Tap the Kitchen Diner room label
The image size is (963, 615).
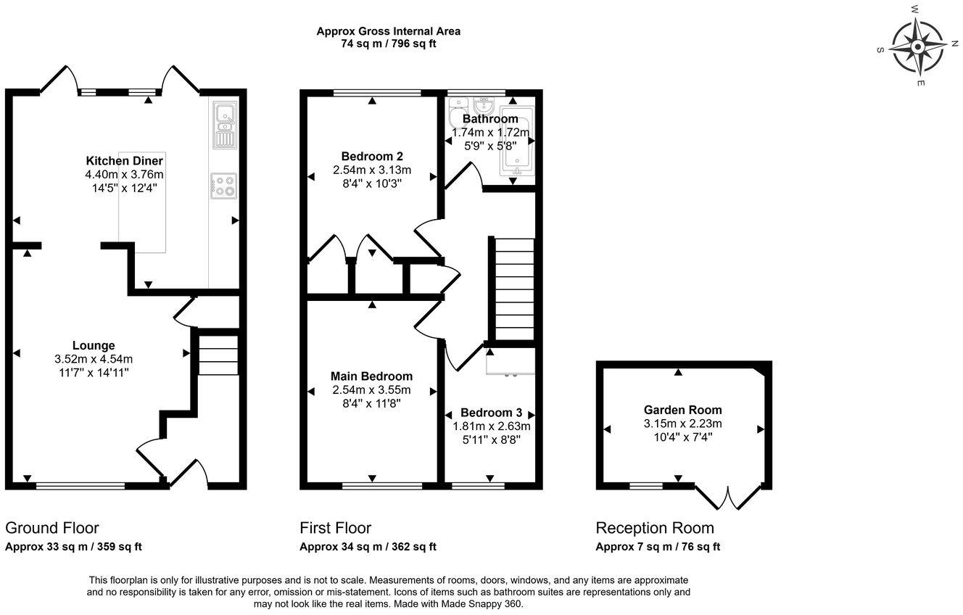[x=124, y=160]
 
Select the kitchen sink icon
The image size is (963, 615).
[x=225, y=123]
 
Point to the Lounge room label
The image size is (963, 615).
[x=94, y=345]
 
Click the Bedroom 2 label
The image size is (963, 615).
[x=372, y=156]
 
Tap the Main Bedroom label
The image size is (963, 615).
[x=371, y=376]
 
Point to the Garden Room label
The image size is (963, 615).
[x=682, y=410]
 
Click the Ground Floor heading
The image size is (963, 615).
[x=52, y=528]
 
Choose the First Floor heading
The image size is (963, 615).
[x=335, y=528]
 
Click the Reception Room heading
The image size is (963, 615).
[x=654, y=528]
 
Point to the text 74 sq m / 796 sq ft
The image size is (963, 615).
[x=388, y=44]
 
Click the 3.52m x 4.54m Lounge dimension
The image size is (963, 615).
[x=94, y=358]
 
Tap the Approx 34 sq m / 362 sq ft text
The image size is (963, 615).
[x=368, y=547]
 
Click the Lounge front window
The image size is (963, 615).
[x=80, y=486]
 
